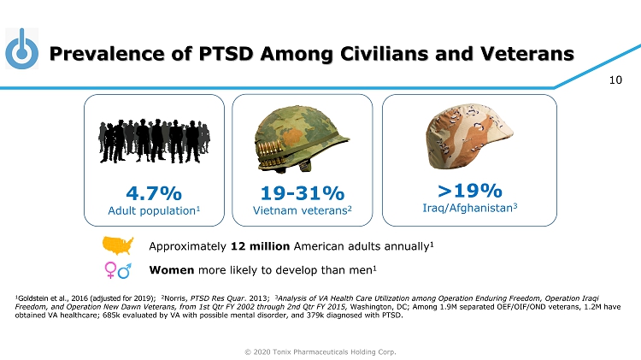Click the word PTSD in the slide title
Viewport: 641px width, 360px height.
(x=226, y=54)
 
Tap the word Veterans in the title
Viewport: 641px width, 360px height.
(x=527, y=54)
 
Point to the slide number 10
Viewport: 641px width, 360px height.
(x=615, y=80)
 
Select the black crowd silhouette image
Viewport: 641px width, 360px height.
(x=154, y=141)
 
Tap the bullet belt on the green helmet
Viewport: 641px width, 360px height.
(x=270, y=153)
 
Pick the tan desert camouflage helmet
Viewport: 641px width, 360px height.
(x=469, y=136)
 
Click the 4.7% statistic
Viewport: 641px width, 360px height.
(x=154, y=193)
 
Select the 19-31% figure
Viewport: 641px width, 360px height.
(x=303, y=193)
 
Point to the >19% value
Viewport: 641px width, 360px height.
(x=470, y=190)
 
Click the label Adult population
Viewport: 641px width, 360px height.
(x=151, y=210)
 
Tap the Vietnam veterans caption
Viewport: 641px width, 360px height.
(x=300, y=210)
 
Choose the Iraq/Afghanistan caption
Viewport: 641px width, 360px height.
(x=468, y=208)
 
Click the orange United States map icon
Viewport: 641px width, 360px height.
(x=118, y=245)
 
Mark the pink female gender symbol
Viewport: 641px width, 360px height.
(x=110, y=270)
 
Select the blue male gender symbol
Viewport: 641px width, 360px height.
(x=125, y=270)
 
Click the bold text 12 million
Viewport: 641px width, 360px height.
(x=260, y=246)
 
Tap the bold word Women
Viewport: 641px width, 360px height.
(x=172, y=270)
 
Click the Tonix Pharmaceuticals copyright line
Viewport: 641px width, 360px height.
(x=320, y=351)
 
